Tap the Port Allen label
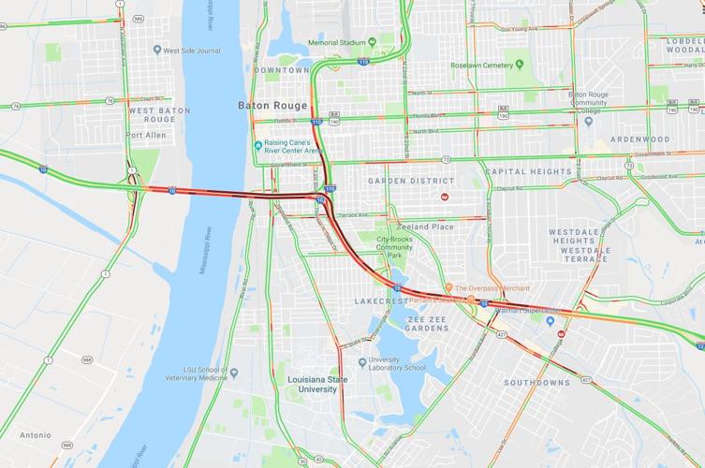[147, 134]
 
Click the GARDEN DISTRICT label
[411, 181]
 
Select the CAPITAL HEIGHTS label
[528, 172]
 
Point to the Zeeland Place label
[423, 227]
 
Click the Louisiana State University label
[312, 384]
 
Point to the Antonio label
[36, 434]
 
